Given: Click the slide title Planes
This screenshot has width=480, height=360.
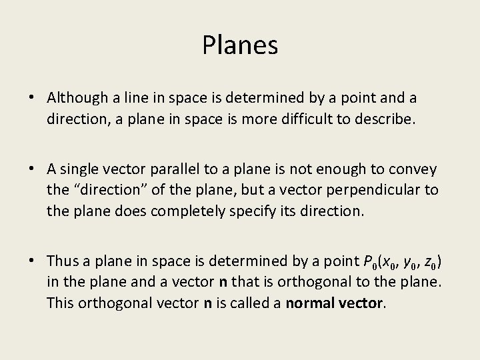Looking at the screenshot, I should (x=240, y=45).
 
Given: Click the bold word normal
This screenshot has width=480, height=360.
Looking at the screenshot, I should (x=309, y=303).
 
